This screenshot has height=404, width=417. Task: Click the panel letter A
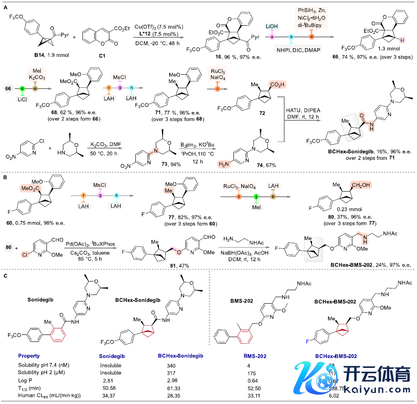(6, 6)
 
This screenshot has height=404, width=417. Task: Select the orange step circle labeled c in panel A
(311, 37)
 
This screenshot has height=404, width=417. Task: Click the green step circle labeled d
(22, 87)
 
